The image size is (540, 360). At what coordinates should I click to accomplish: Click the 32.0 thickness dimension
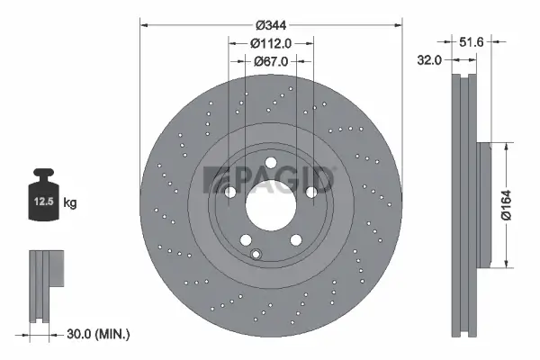428,60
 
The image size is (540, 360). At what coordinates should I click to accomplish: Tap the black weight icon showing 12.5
44,192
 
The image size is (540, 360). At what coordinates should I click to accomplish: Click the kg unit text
71,203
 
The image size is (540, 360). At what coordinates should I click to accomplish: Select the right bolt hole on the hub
311,192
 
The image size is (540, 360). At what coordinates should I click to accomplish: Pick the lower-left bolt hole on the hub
245,239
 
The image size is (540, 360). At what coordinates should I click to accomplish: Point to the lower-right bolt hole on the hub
295,239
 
